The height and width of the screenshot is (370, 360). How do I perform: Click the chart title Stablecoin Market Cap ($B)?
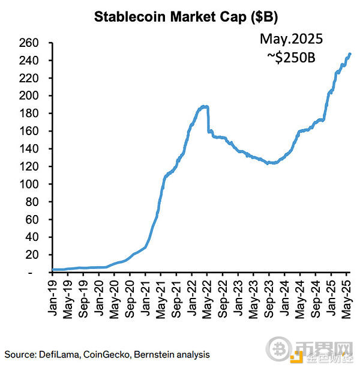(179, 16)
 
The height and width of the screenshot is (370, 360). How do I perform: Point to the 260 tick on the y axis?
(31, 43)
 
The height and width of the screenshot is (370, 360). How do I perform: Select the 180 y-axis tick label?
(31, 114)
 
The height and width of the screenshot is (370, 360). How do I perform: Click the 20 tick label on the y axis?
(34, 255)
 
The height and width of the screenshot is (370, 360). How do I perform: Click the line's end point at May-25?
(350, 54)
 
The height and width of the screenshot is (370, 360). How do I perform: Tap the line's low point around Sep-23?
(271, 163)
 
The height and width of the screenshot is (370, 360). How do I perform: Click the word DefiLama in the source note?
(59, 354)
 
